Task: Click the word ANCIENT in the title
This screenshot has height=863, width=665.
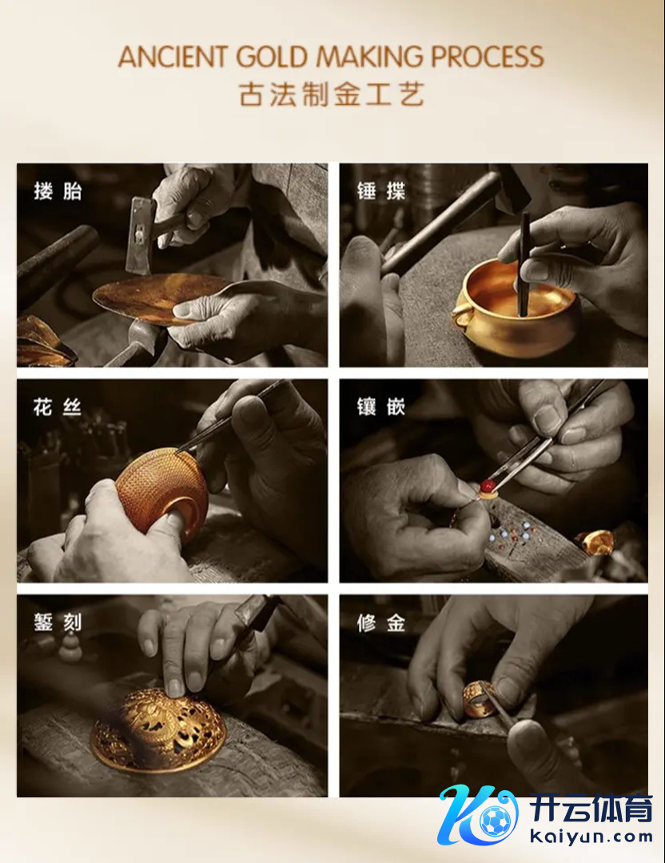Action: pos(173,57)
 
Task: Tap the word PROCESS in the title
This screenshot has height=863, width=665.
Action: pos(488,57)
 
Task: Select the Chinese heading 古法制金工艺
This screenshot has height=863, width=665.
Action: pos(332,94)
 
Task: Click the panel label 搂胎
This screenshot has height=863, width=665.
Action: pos(58,191)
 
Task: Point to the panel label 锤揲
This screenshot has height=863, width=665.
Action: pos(380,191)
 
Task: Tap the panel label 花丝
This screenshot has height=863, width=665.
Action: pos(58,407)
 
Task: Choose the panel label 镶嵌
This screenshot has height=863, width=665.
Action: pos(380,407)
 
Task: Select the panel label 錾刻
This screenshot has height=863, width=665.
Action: pos(58,623)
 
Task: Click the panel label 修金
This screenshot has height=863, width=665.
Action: pos(380,623)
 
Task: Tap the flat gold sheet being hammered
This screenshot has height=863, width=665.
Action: pos(160,298)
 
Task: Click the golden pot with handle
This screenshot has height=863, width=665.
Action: pos(514,308)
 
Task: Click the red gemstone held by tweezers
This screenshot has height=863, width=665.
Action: pos(487,486)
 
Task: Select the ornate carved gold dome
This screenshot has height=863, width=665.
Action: pos(158,729)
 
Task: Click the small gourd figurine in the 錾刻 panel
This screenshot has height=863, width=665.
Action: pos(70,647)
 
